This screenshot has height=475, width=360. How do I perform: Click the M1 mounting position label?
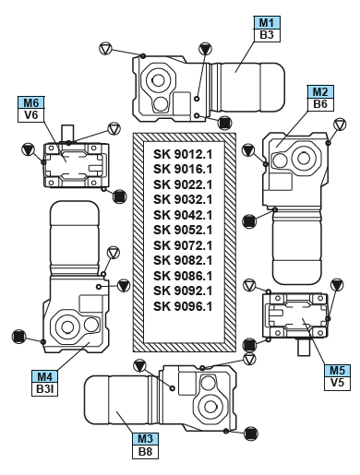267,23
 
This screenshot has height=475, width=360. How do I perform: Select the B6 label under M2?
320,104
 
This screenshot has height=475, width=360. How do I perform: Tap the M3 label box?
145,439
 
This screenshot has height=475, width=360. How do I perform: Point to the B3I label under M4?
45,389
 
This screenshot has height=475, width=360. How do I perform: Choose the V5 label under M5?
337,383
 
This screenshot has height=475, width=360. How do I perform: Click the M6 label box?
30,103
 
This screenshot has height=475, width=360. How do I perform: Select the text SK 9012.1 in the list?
183,154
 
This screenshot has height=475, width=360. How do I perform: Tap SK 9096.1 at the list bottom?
183,306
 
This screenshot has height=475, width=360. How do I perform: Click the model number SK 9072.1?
183,245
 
